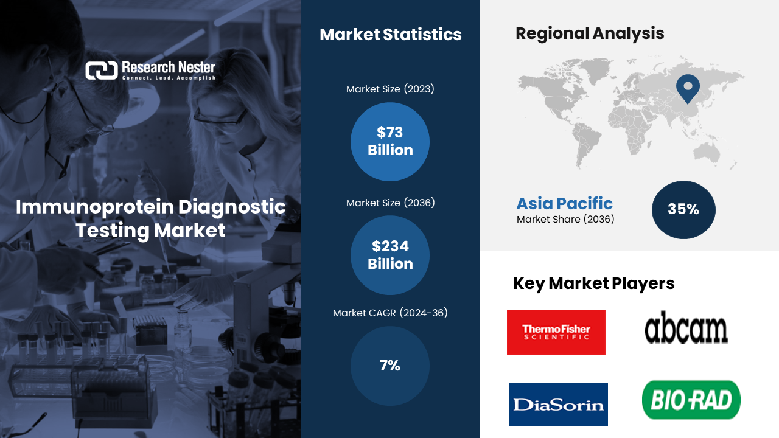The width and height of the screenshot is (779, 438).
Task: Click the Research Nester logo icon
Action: [x=102, y=71]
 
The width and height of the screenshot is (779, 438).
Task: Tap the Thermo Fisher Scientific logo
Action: [x=556, y=332]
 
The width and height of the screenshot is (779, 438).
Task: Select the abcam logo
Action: [x=686, y=327]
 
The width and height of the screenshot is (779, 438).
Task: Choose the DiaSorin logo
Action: [x=559, y=405]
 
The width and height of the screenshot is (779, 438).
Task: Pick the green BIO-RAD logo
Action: [x=691, y=400]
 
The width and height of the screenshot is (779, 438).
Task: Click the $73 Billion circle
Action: [x=390, y=142]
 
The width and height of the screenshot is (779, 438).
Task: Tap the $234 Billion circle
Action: [x=390, y=255]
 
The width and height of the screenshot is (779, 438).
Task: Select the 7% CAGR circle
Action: [x=390, y=366]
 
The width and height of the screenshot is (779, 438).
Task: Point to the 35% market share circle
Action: [x=683, y=210]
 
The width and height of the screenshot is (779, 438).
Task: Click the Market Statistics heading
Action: [x=391, y=35]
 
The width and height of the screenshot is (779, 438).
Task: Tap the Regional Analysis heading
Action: [x=590, y=33]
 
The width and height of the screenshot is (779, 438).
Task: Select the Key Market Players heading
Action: [x=593, y=283]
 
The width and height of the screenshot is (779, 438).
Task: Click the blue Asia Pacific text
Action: [x=564, y=203]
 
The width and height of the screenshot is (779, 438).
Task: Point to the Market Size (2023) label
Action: [x=390, y=89]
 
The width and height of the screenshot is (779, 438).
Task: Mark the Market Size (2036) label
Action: [x=390, y=203]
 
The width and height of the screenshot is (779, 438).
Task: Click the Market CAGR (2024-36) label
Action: [x=390, y=313]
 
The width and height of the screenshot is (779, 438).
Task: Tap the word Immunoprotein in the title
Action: [x=94, y=207]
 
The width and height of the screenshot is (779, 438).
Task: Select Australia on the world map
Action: [x=707, y=153]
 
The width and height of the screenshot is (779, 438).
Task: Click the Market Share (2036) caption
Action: [x=565, y=220]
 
